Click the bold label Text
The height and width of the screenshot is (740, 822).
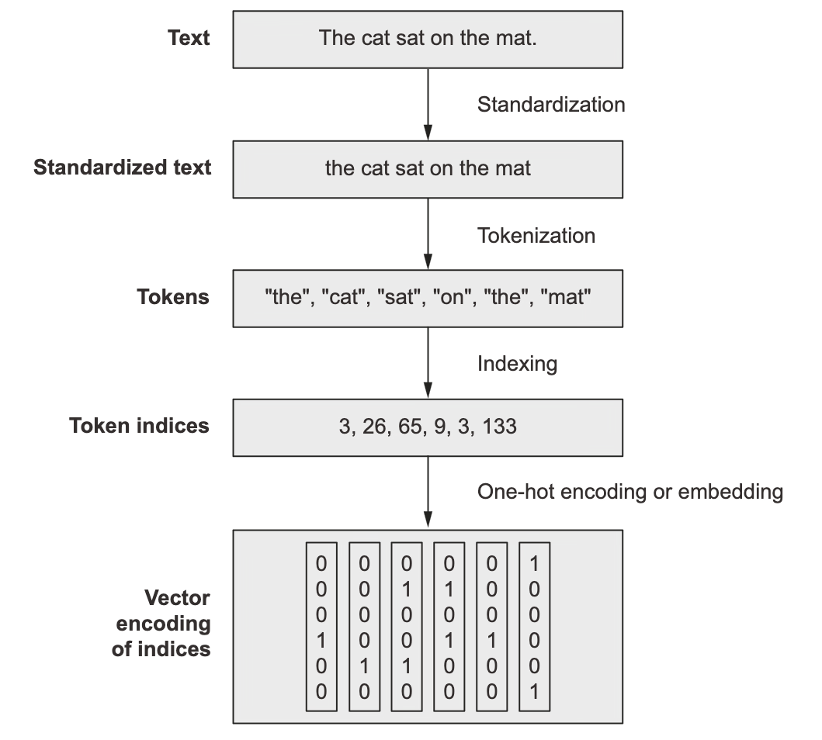point(188,38)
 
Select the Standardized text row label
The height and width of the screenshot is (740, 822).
point(122,167)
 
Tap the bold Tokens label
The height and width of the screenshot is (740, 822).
point(173,296)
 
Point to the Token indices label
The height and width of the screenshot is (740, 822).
point(139,425)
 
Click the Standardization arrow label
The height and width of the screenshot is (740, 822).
point(551,104)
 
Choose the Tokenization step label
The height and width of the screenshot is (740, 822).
point(536,235)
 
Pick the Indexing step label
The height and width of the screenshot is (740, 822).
point(517,364)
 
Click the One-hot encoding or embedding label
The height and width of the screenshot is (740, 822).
point(630,492)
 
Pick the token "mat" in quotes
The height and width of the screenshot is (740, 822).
point(566,297)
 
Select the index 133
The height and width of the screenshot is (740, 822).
point(500,427)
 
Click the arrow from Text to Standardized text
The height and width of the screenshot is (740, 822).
point(428,104)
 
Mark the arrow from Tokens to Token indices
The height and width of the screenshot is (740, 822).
point(428,363)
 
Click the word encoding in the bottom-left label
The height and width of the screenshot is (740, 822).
point(163,624)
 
